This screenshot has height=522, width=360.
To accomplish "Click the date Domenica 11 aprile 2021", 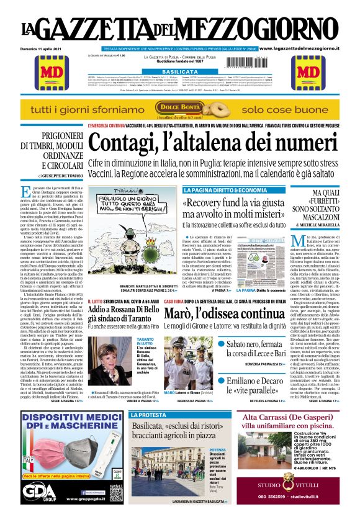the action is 44,48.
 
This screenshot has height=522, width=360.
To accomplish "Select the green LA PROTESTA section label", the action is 150,415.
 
